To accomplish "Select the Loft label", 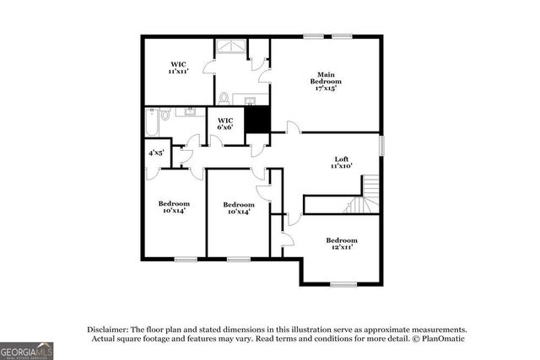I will (341, 159).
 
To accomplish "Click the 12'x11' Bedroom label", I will (342, 240).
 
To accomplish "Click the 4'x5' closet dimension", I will (156, 153).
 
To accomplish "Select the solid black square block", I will (257, 121).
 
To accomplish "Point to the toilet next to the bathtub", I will (166, 115).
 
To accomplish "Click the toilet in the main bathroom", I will (225, 98).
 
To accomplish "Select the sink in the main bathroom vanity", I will (251, 102).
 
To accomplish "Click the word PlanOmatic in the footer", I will (440, 339).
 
